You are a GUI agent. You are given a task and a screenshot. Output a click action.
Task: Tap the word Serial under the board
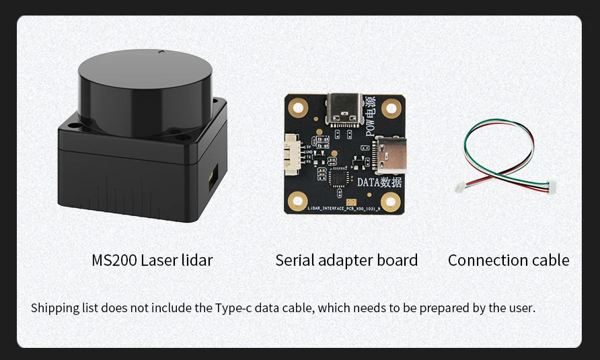pyautogui.click(x=294, y=260)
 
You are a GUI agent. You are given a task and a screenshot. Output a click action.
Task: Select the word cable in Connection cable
pyautogui.click(x=549, y=260)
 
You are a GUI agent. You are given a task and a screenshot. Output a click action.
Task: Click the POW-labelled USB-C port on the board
pyautogui.click(x=342, y=110)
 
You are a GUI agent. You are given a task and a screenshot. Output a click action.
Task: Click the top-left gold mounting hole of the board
pyautogui.click(x=297, y=106)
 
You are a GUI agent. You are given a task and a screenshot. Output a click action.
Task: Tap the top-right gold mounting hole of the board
pyautogui.click(x=391, y=106)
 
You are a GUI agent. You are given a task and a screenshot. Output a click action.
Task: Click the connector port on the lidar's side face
pyautogui.click(x=213, y=178)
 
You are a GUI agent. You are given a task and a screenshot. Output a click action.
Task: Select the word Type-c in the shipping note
pyautogui.click(x=232, y=308)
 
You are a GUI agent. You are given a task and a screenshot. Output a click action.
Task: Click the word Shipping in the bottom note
pyautogui.click(x=54, y=308)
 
